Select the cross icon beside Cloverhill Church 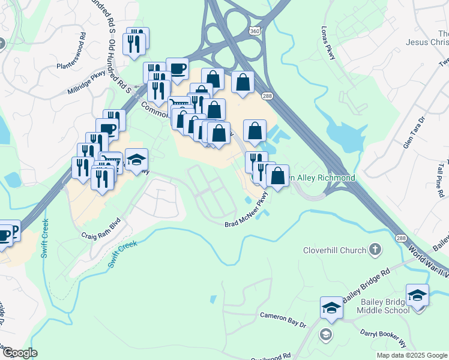375,249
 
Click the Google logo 19,353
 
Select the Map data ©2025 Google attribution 411,355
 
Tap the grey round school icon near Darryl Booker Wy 326,334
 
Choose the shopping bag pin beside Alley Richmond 277,176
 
